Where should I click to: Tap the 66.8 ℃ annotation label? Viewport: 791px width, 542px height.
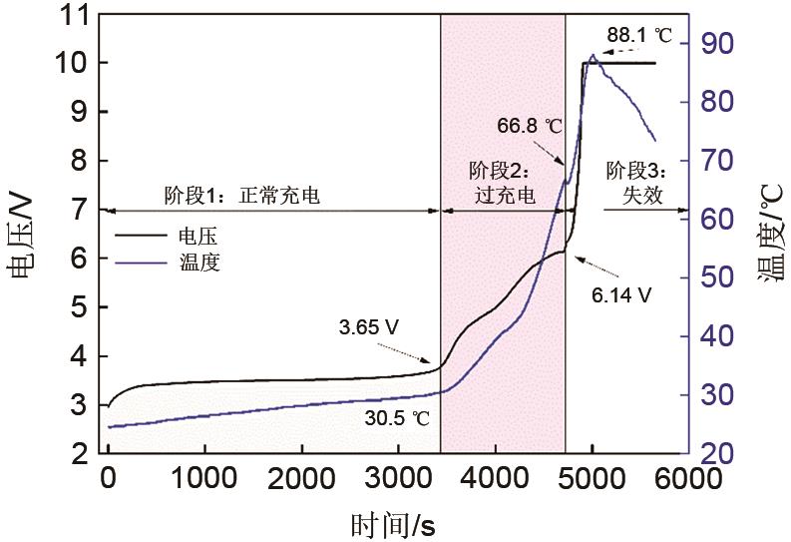pos(530,127)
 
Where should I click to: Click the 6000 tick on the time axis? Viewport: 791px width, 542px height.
pos(687,479)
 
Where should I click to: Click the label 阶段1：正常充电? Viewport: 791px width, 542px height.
pos(242,195)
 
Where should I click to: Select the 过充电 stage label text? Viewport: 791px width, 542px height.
pos(503,196)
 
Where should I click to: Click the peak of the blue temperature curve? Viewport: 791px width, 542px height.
pos(593,56)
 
